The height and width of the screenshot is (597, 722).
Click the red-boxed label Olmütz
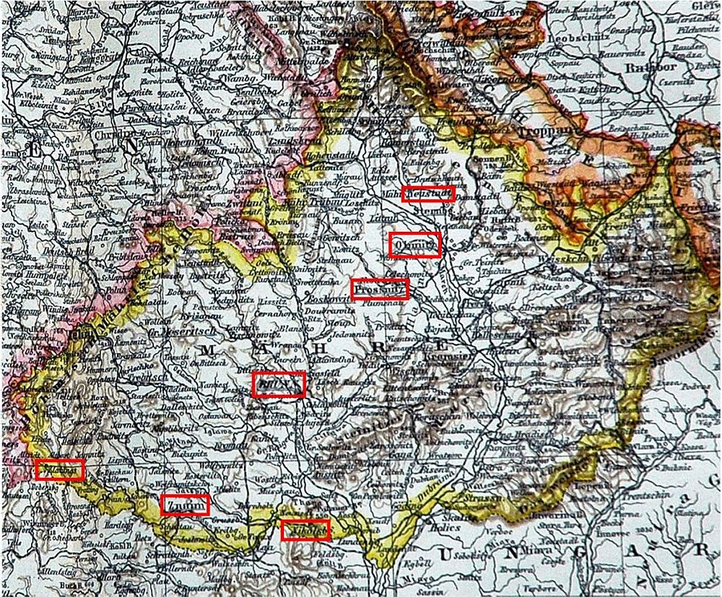click(x=414, y=245)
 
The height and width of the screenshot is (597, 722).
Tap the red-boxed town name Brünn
click(x=279, y=383)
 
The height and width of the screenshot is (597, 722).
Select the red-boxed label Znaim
click(x=185, y=505)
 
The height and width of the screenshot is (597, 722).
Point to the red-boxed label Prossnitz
click(x=380, y=289)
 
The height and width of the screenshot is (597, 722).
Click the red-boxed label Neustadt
click(x=430, y=193)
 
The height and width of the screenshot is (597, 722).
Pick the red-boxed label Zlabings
click(x=60, y=469)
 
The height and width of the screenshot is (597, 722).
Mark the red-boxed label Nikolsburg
click(x=305, y=530)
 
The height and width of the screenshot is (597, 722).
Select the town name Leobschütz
click(x=575, y=39)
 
